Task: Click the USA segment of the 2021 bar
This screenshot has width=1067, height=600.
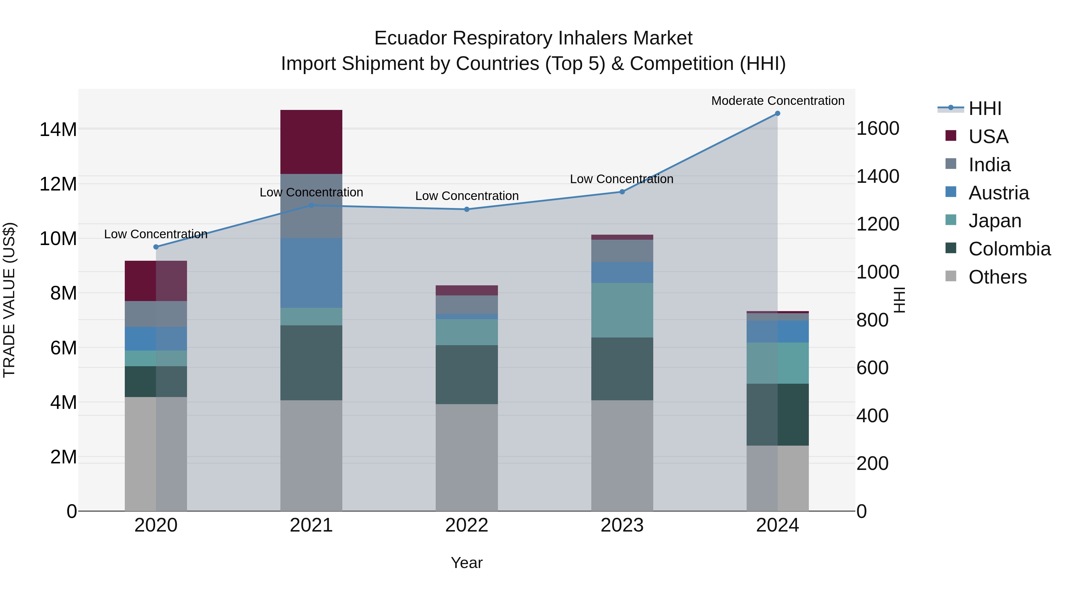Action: point(311,142)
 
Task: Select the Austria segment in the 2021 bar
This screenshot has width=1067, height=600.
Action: point(311,273)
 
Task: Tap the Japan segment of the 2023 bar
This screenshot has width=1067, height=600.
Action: point(622,310)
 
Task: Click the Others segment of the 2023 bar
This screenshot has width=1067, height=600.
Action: point(622,455)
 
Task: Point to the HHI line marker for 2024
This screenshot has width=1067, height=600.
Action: point(777,113)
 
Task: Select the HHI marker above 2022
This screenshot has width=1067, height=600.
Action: point(467,209)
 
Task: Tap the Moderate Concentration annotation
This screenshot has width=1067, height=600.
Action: point(777,101)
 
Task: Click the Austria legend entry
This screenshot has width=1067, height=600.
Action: point(998,193)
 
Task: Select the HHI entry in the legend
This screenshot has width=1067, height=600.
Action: point(985,108)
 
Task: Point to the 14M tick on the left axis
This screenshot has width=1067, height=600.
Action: point(58,129)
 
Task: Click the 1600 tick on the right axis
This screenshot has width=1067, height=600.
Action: point(877,129)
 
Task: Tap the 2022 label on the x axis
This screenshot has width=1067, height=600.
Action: point(467,525)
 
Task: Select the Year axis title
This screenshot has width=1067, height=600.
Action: point(467,563)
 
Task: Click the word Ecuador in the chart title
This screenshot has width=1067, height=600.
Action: point(410,38)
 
